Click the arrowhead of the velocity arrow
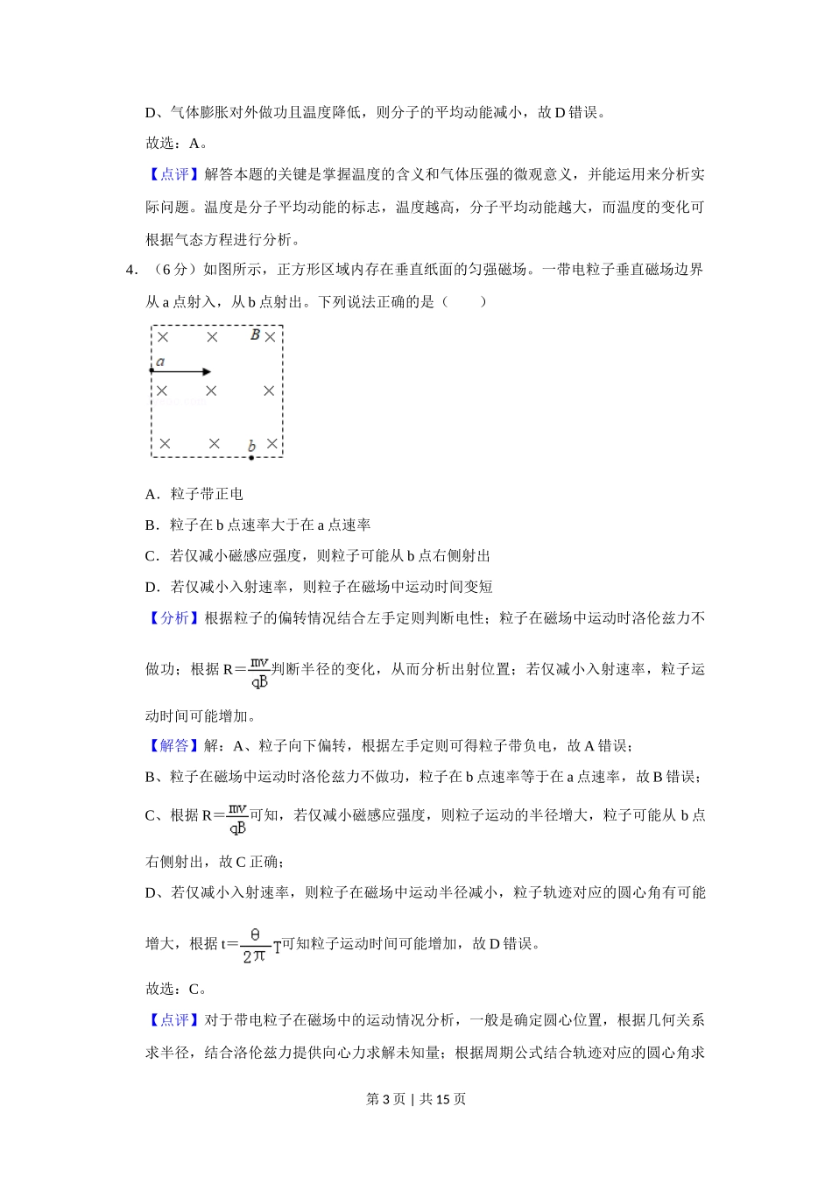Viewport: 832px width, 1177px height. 207,371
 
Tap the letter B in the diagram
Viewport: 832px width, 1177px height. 255,335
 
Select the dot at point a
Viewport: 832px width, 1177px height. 152,371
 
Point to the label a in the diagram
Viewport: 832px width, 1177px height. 160,361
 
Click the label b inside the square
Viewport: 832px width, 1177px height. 251,446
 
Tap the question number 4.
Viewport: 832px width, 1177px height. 131,270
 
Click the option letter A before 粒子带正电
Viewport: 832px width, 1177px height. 152,494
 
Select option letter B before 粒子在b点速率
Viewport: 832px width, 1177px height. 152,525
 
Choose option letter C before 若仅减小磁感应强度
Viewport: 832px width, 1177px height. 152,555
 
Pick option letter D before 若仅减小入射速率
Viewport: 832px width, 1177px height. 152,586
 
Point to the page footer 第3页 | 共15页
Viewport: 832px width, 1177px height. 416,1098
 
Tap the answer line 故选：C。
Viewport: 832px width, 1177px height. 176,989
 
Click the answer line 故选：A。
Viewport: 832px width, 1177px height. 176,143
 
